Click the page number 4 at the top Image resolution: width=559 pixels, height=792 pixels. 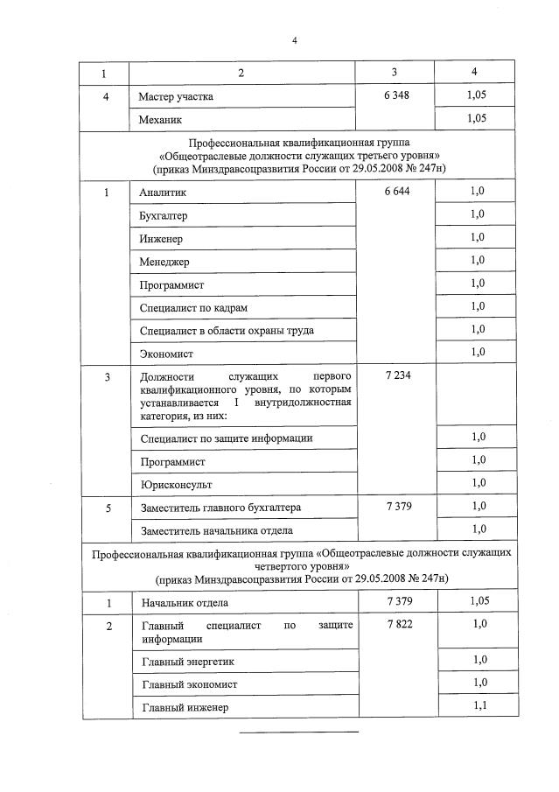click(295, 39)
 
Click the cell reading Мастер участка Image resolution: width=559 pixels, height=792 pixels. click(175, 96)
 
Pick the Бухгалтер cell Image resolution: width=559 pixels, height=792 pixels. click(164, 214)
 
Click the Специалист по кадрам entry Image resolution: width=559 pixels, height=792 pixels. click(188, 307)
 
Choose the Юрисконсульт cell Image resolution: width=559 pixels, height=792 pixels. click(176, 483)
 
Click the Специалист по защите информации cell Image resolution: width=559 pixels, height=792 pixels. click(226, 438)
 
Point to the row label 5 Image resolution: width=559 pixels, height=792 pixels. click(107, 507)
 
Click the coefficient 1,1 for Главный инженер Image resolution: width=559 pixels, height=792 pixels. click(478, 706)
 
